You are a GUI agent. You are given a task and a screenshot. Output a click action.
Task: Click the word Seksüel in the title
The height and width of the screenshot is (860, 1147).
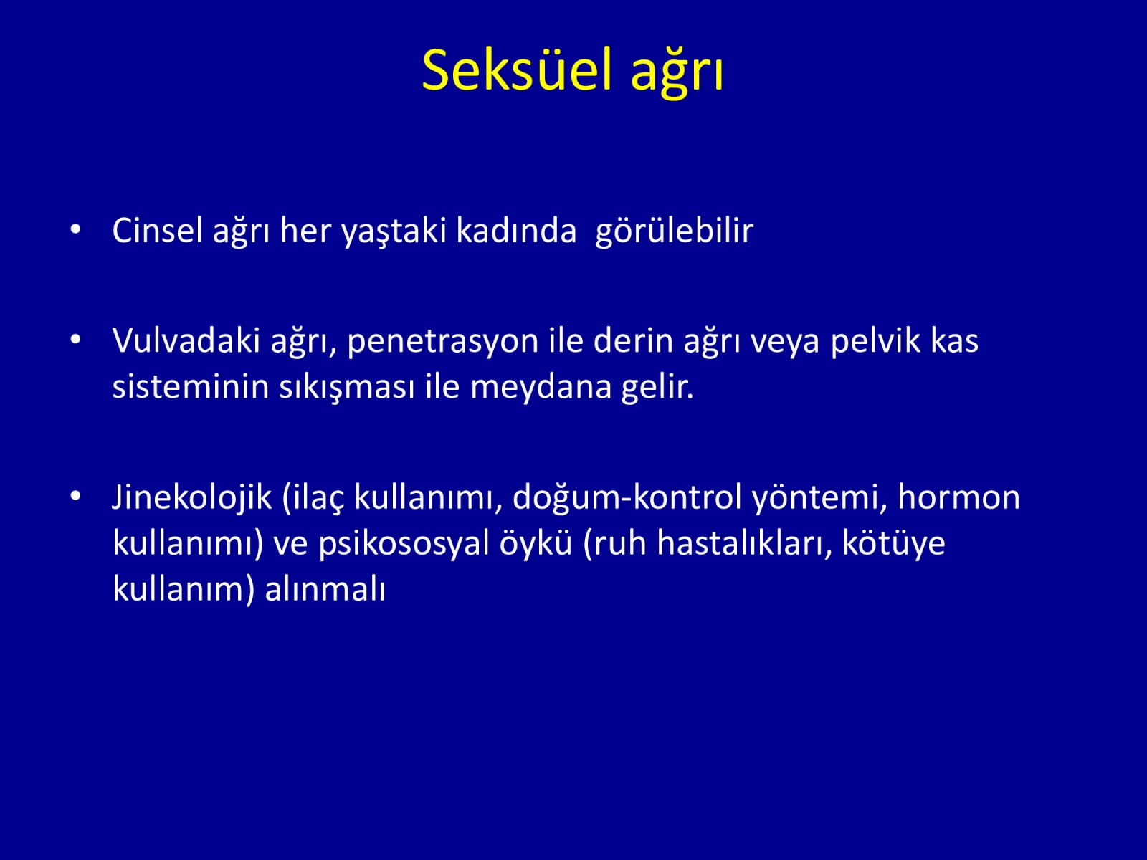(x=516, y=70)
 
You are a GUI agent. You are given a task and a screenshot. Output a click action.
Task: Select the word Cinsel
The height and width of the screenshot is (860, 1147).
(x=157, y=230)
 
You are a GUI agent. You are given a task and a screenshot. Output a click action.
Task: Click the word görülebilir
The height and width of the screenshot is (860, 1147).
(x=674, y=231)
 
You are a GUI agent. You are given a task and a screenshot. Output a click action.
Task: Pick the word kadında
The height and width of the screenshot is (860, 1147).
(x=516, y=230)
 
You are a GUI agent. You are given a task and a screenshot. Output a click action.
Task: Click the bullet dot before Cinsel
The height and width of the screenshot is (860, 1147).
(x=75, y=229)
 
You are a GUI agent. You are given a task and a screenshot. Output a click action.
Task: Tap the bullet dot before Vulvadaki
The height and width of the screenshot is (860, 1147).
(x=75, y=340)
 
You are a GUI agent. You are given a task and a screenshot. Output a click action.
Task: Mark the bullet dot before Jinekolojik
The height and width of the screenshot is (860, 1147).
(x=75, y=497)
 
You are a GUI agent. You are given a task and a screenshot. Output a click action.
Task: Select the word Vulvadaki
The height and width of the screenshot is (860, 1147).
(x=186, y=340)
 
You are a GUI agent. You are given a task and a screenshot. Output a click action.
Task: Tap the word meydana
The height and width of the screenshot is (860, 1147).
(x=541, y=388)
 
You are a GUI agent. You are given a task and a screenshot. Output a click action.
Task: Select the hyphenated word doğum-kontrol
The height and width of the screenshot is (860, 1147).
(x=627, y=498)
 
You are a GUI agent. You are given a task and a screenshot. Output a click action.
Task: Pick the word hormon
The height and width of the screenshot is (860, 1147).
(x=959, y=497)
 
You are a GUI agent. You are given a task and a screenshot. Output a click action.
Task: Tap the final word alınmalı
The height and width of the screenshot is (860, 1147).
(x=325, y=588)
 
